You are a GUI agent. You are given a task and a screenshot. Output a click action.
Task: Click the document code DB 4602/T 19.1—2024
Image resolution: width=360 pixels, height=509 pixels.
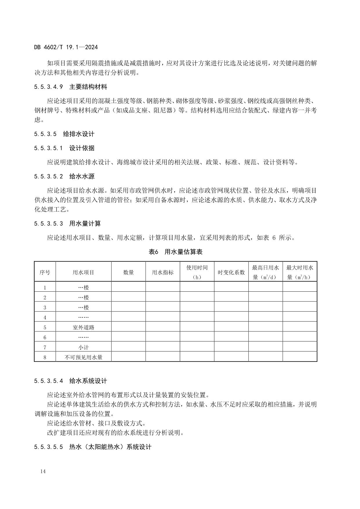click(x=66, y=47)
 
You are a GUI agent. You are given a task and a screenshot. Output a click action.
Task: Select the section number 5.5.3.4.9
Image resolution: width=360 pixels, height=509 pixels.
click(x=48, y=87)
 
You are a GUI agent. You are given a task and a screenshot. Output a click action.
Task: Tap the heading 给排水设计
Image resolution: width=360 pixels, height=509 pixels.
click(x=79, y=134)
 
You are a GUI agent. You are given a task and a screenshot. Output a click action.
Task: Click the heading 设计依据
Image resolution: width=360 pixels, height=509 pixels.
click(x=82, y=148)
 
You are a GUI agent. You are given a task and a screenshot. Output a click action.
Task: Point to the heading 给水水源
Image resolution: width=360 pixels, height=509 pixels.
click(x=82, y=176)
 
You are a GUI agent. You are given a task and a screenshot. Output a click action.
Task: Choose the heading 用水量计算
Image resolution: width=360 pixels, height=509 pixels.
click(x=85, y=224)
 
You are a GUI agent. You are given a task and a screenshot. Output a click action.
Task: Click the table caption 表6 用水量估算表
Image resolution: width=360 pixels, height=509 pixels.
click(x=176, y=252)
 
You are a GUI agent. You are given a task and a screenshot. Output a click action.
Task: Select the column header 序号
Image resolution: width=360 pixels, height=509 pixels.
click(x=45, y=272)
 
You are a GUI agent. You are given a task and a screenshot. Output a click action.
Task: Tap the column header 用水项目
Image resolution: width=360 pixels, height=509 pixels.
click(x=83, y=272)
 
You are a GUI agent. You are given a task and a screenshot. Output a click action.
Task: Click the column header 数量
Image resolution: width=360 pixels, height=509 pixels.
click(x=128, y=272)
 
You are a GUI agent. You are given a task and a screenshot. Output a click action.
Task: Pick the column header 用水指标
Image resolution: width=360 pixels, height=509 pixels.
click(x=162, y=272)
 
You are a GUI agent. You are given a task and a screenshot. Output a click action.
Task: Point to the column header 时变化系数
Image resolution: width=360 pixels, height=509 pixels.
click(x=231, y=272)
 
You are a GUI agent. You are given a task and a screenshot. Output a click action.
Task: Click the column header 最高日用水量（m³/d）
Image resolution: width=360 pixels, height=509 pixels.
click(x=265, y=272)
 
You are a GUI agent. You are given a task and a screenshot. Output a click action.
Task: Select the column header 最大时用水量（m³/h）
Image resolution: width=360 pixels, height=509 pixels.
click(x=300, y=272)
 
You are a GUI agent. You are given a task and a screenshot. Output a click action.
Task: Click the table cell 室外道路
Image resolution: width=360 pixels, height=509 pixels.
click(x=83, y=327)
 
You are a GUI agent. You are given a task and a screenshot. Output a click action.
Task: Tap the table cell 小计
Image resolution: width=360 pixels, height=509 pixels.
click(x=83, y=347)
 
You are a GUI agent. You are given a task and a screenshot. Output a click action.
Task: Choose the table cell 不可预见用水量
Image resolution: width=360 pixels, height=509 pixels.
click(x=83, y=357)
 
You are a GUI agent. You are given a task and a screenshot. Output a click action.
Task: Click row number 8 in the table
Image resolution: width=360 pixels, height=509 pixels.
click(x=45, y=357)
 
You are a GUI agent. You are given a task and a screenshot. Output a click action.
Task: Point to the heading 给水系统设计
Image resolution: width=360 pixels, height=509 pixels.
click(x=88, y=381)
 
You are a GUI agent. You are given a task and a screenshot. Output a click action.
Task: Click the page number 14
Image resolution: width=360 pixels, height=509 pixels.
click(x=43, y=472)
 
